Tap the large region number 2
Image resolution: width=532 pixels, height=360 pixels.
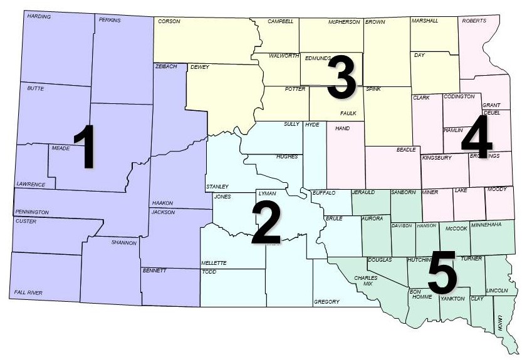point(266,223)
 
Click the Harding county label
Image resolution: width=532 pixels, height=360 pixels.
point(39,16)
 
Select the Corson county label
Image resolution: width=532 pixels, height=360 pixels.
point(169,21)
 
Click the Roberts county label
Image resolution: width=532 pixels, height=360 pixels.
point(474,21)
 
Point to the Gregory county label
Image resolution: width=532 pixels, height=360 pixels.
point(326,302)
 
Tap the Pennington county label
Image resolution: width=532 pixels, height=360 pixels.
point(32,213)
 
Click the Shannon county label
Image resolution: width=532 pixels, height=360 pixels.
point(123,242)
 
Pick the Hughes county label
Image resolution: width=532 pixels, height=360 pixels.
point(287,157)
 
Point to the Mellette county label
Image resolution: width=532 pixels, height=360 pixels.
point(214,263)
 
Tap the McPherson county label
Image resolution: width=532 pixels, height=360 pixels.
point(344,22)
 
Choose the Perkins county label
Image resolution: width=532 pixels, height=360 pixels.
point(110,20)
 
